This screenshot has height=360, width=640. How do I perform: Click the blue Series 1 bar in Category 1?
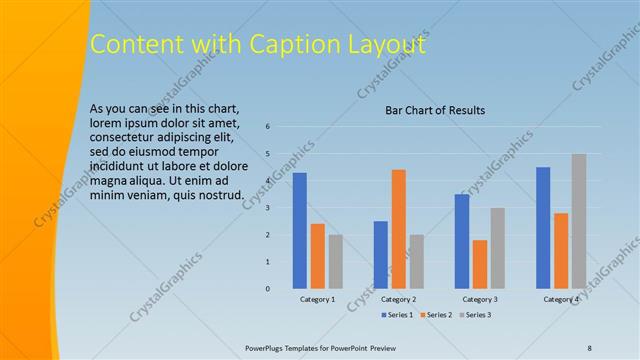point(299,231)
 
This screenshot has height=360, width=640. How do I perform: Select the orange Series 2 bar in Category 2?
point(398,229)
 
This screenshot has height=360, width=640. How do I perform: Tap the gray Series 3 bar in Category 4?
point(579,221)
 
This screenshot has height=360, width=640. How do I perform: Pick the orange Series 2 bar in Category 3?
point(480,264)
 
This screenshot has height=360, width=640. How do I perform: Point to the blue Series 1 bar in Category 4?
point(543,228)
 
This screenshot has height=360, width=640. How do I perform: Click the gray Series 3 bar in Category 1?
point(335,262)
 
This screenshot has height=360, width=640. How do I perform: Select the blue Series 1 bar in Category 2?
point(380,255)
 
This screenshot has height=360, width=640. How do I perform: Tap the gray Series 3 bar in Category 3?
point(498,248)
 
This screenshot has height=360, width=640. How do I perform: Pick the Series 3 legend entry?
point(476,315)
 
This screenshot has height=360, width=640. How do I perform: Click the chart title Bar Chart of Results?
point(435,111)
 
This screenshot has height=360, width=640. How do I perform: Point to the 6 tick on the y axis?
point(268,127)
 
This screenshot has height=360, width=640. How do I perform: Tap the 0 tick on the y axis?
point(268,289)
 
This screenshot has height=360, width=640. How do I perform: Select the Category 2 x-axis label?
point(398,300)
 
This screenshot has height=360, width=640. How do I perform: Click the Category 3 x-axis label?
point(480,300)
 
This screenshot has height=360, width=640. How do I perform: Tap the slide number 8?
point(590,347)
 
